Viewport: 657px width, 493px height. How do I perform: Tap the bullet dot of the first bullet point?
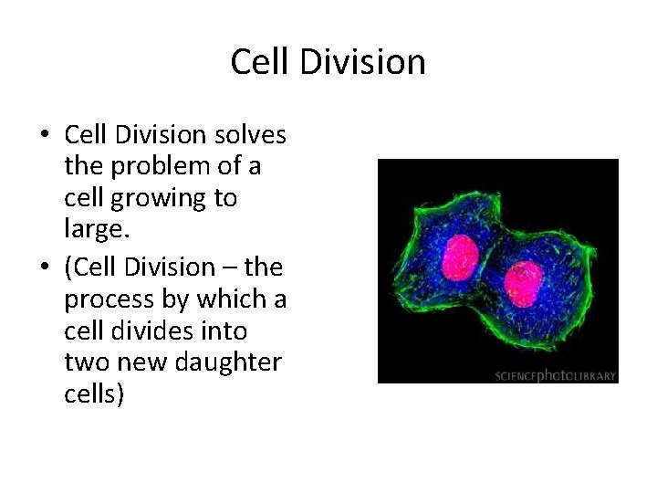click(x=45, y=137)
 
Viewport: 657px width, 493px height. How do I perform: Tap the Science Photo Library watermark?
click(x=556, y=374)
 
